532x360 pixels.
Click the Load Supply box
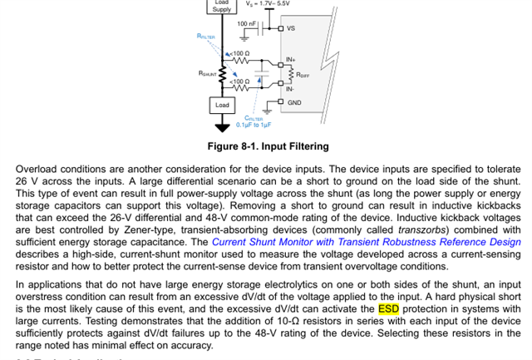point(222,7)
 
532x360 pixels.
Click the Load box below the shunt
point(222,106)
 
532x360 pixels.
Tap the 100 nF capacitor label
point(247,25)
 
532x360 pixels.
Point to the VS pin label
point(291,28)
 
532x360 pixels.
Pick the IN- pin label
point(290,89)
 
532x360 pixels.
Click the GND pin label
point(294,102)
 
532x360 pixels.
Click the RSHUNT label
point(207,73)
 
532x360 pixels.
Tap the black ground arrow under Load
point(222,126)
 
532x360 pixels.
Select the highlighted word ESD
point(389,309)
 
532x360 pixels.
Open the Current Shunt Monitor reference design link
point(366,243)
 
